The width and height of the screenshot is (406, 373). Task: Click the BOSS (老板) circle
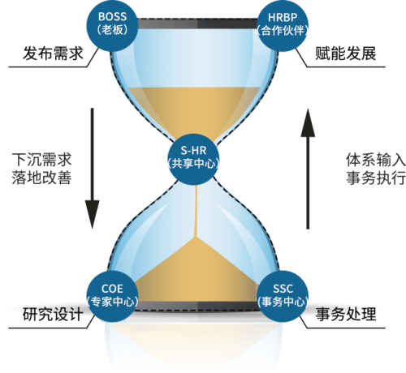tap(112, 25)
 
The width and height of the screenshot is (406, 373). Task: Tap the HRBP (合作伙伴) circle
tap(283, 25)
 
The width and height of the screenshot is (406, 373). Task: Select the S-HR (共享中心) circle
tap(193, 159)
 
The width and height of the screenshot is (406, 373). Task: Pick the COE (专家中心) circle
tap(112, 296)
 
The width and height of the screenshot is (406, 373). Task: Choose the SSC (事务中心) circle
tap(283, 296)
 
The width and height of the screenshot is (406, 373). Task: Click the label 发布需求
tap(53, 54)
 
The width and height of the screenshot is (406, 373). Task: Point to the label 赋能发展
tap(346, 54)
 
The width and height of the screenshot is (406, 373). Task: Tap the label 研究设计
tap(53, 315)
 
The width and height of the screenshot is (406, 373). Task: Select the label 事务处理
tap(346, 315)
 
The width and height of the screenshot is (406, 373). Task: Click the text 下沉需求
tap(41, 160)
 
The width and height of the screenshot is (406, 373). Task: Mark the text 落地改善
tap(41, 178)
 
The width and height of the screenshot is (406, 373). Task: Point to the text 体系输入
tap(376, 160)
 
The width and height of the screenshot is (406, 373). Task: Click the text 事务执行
tap(376, 178)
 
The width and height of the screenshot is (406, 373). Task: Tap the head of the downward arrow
tap(92, 214)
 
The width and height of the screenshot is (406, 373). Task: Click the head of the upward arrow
tap(308, 122)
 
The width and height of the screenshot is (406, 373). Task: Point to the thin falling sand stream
tap(196, 211)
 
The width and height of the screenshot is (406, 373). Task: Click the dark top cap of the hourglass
tap(197, 24)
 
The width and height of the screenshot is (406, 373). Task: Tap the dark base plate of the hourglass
tap(197, 307)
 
